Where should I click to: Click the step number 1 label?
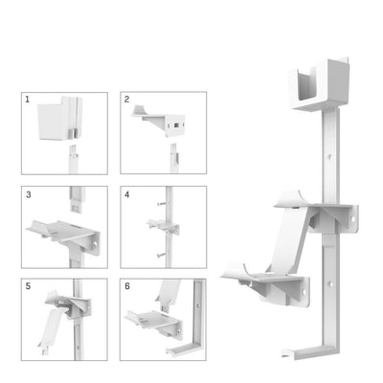(29, 100)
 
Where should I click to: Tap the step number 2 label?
(127, 100)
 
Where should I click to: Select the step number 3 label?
(29, 193)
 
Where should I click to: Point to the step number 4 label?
(127, 193)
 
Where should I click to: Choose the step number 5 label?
(29, 286)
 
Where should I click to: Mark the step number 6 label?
(127, 286)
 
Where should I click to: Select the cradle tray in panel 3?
(57, 230)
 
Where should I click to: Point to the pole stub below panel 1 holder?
(71, 158)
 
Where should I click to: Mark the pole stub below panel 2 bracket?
(171, 154)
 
